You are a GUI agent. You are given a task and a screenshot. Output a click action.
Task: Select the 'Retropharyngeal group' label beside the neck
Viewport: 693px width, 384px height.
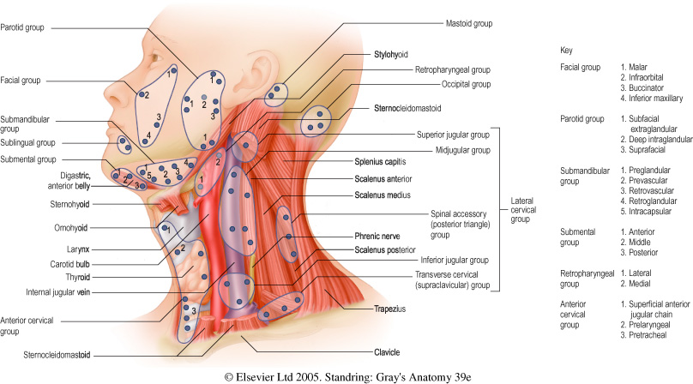[452, 69]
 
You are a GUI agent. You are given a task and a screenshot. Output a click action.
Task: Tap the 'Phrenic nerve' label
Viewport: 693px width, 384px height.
[380, 234]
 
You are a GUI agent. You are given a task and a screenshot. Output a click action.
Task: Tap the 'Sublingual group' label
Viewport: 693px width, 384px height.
[27, 142]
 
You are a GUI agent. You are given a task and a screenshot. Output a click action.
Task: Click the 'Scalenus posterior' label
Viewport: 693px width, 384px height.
[386, 249]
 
